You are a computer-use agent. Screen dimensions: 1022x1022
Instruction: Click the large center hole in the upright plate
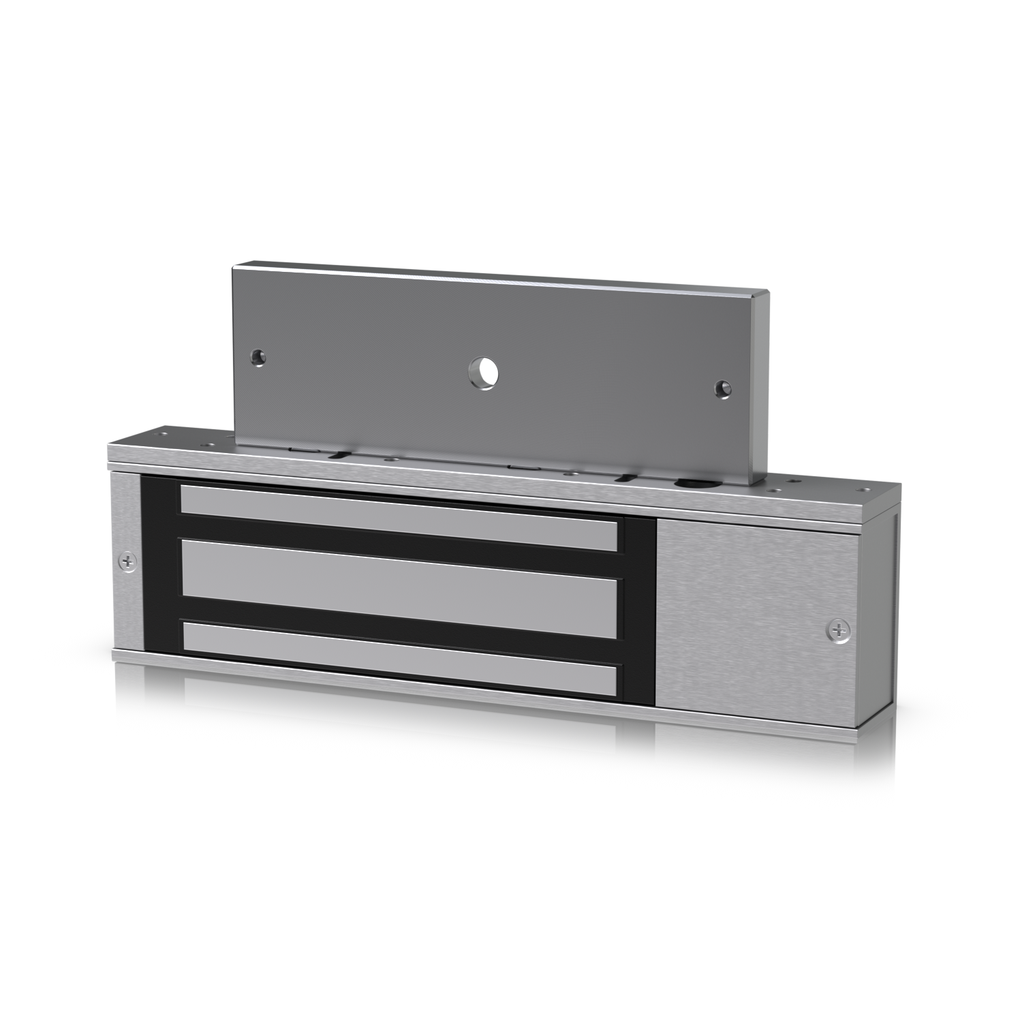(483, 372)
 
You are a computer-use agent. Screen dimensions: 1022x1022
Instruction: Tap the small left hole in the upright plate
(258, 356)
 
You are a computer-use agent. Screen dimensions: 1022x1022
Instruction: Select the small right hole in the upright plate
(722, 388)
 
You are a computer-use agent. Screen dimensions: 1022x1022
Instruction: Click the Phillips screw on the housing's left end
(127, 561)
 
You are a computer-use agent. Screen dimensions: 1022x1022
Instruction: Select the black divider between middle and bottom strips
(402, 610)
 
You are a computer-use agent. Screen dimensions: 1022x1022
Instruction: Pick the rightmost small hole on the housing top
(866, 489)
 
